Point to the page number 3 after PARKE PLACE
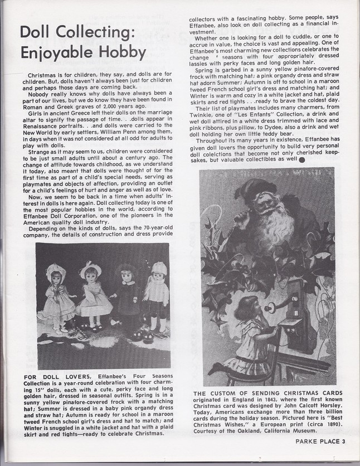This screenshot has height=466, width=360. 344,441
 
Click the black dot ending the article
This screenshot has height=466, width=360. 302,158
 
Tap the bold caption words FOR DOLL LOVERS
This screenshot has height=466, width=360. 53,377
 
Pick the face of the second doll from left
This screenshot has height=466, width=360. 90,277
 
